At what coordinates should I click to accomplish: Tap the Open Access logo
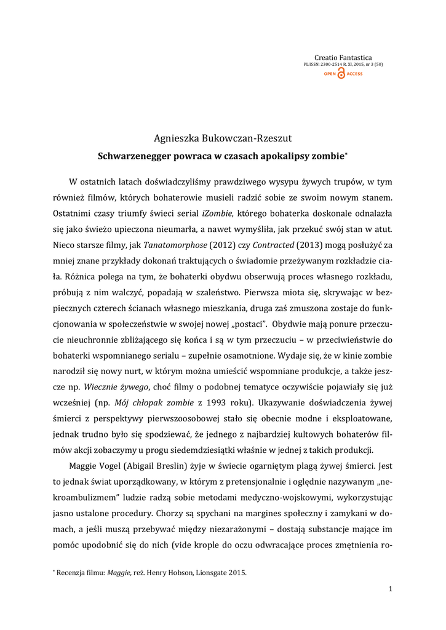pyautogui.click(x=343, y=74)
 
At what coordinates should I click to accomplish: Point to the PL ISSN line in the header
pyautogui.click(x=343, y=65)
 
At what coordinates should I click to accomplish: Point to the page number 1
pyautogui.click(x=391, y=590)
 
